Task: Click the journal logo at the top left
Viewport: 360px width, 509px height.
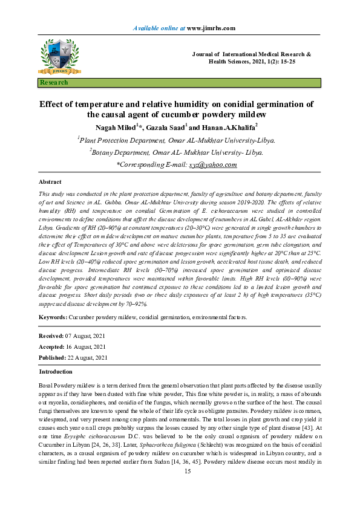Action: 59,57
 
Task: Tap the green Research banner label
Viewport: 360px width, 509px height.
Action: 54,82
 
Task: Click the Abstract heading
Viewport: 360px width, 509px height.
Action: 50,181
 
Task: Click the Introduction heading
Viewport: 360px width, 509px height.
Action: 56,372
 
